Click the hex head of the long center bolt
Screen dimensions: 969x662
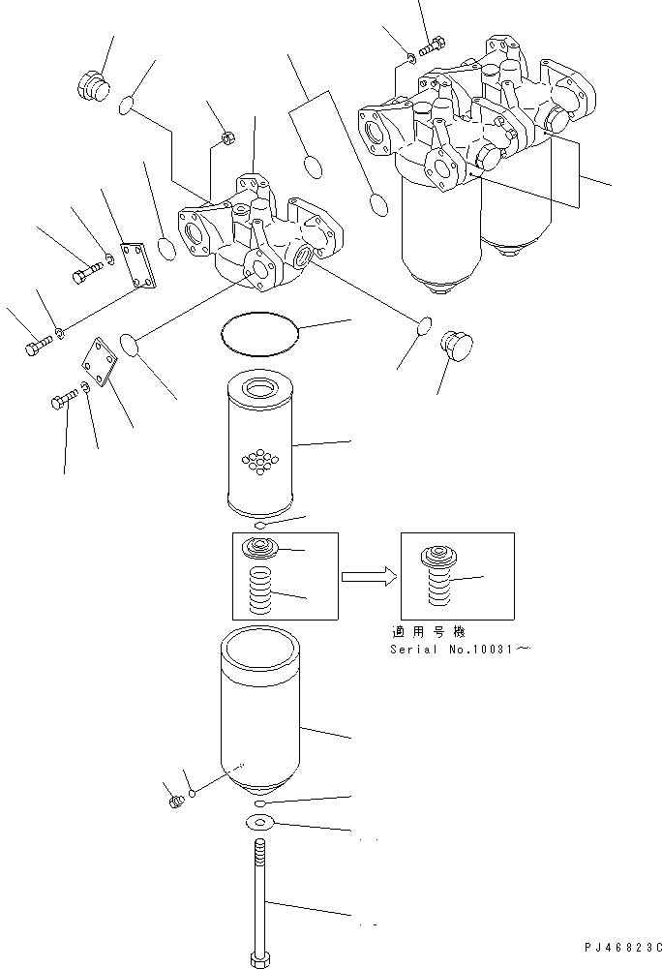[x=259, y=957]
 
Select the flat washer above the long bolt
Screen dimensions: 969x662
[x=259, y=823]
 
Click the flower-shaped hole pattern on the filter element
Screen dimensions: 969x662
[x=258, y=461]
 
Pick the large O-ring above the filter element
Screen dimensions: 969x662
[x=259, y=332]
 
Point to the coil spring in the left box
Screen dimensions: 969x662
[x=259, y=592]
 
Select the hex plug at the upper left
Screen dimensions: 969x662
[x=90, y=84]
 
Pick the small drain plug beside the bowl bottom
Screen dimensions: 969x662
[x=176, y=801]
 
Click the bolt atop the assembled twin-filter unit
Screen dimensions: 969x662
[x=433, y=44]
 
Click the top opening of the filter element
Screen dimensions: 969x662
[x=258, y=389]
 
